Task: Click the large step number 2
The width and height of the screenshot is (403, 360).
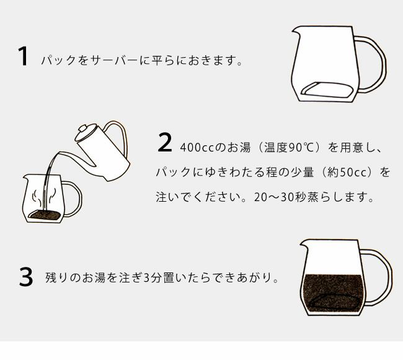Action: pos(164,142)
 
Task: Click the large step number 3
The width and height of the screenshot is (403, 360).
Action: pos(25,277)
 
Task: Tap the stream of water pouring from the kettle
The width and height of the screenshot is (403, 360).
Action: pos(51,180)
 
